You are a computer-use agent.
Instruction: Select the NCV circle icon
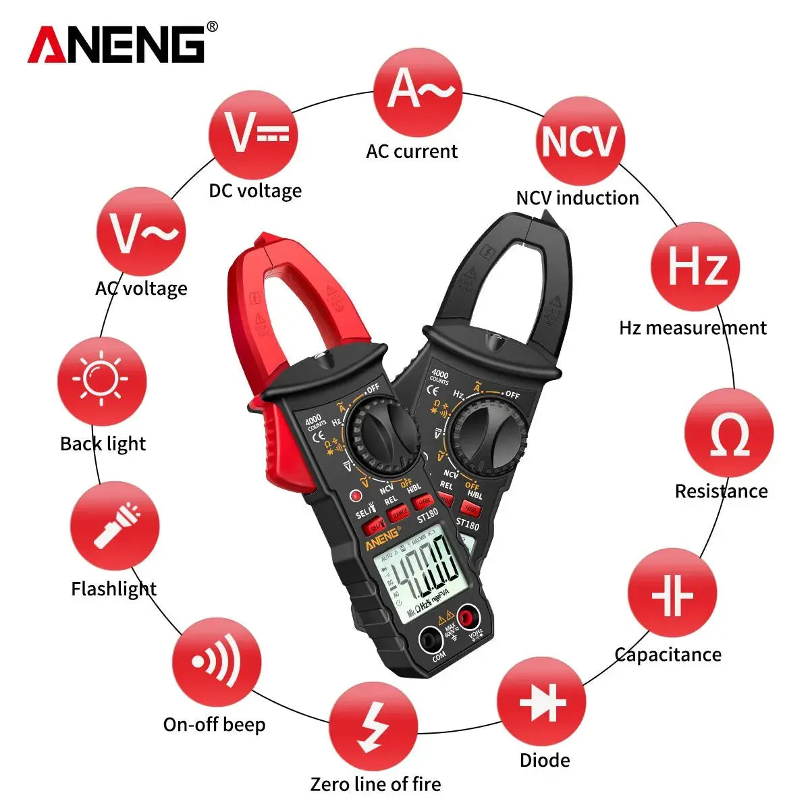tap(579, 142)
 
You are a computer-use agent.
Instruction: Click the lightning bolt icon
tap(373, 726)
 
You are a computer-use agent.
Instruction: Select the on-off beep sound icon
tap(216, 662)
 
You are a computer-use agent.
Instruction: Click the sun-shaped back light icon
tap(102, 381)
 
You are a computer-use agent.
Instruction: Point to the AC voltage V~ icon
tap(141, 232)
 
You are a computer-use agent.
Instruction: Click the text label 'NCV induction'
tap(577, 198)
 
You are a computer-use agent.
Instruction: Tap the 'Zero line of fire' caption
tap(375, 784)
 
